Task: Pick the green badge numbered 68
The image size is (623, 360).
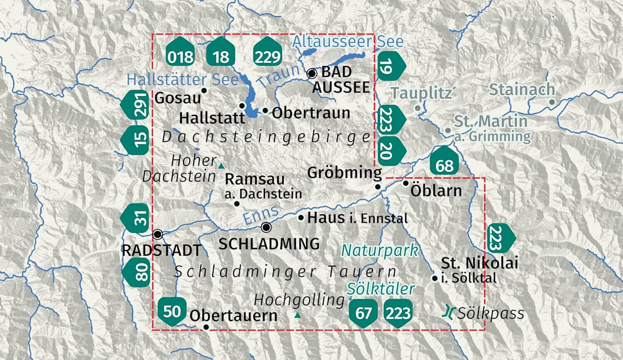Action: click(444, 161)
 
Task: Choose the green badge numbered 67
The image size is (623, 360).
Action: click(363, 312)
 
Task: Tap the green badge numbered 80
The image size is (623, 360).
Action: click(137, 272)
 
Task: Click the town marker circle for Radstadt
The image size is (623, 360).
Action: click(158, 235)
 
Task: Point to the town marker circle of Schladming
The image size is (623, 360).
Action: click(267, 228)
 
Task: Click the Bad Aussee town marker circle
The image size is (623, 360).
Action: click(312, 74)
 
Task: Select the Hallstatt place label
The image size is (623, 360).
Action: click(212, 118)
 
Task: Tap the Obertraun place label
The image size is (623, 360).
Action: click(311, 113)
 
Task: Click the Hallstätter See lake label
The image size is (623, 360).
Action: click(183, 80)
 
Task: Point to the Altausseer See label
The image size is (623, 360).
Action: click(348, 42)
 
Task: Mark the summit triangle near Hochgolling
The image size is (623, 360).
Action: click(297, 316)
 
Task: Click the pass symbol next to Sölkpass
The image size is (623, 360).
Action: click(448, 312)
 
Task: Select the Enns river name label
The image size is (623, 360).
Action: click(261, 215)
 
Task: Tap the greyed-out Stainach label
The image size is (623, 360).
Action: click(522, 89)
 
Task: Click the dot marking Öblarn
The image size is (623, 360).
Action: click(406, 183)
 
